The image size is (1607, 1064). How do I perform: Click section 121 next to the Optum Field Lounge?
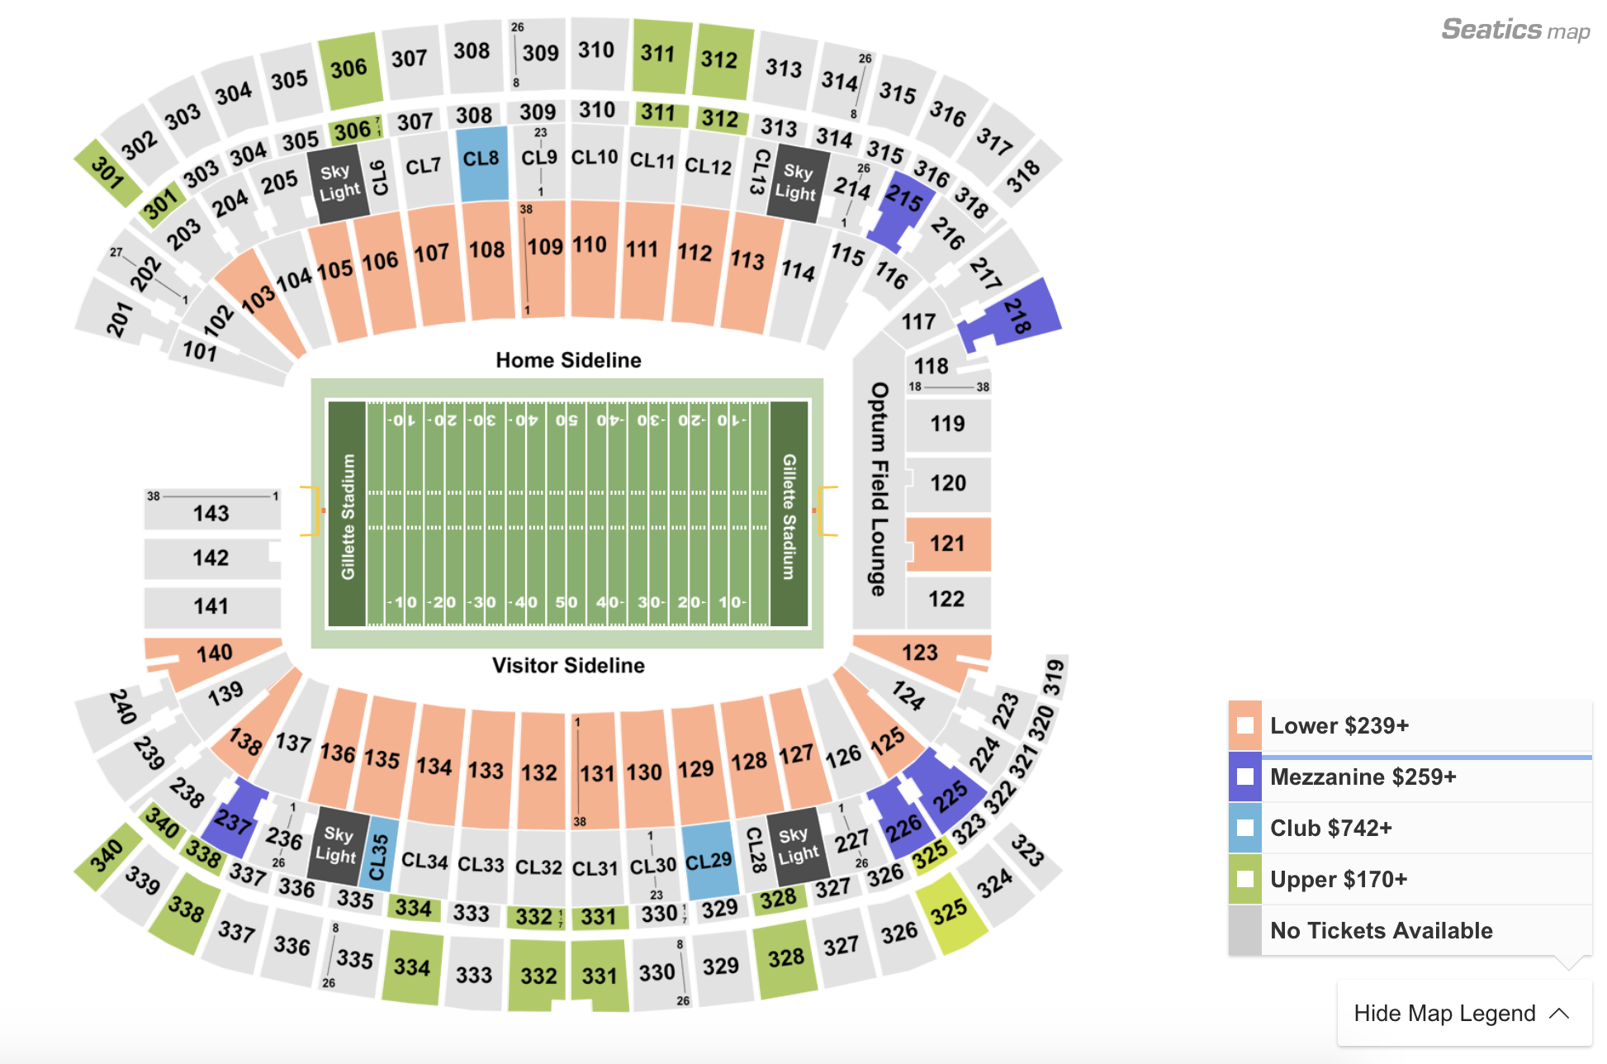click(948, 544)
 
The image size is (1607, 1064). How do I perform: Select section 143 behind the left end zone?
click(211, 513)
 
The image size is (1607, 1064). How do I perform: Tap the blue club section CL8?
click(482, 161)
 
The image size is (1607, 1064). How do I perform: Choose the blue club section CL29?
click(709, 861)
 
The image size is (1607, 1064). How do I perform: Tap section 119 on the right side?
click(948, 424)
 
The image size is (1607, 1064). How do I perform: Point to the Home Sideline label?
click(568, 360)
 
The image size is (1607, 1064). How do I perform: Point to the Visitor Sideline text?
click(568, 666)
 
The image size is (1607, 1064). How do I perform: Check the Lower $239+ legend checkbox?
click(1244, 726)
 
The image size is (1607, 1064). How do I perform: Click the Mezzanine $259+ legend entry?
click(1363, 777)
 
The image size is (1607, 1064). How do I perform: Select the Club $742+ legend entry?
click(1330, 829)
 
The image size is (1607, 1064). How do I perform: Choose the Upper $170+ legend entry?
click(1338, 880)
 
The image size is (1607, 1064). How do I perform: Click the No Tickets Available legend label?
click(1381, 931)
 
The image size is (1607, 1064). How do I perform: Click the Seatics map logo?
click(1515, 31)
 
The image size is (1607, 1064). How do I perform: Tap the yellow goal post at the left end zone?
click(311, 511)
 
